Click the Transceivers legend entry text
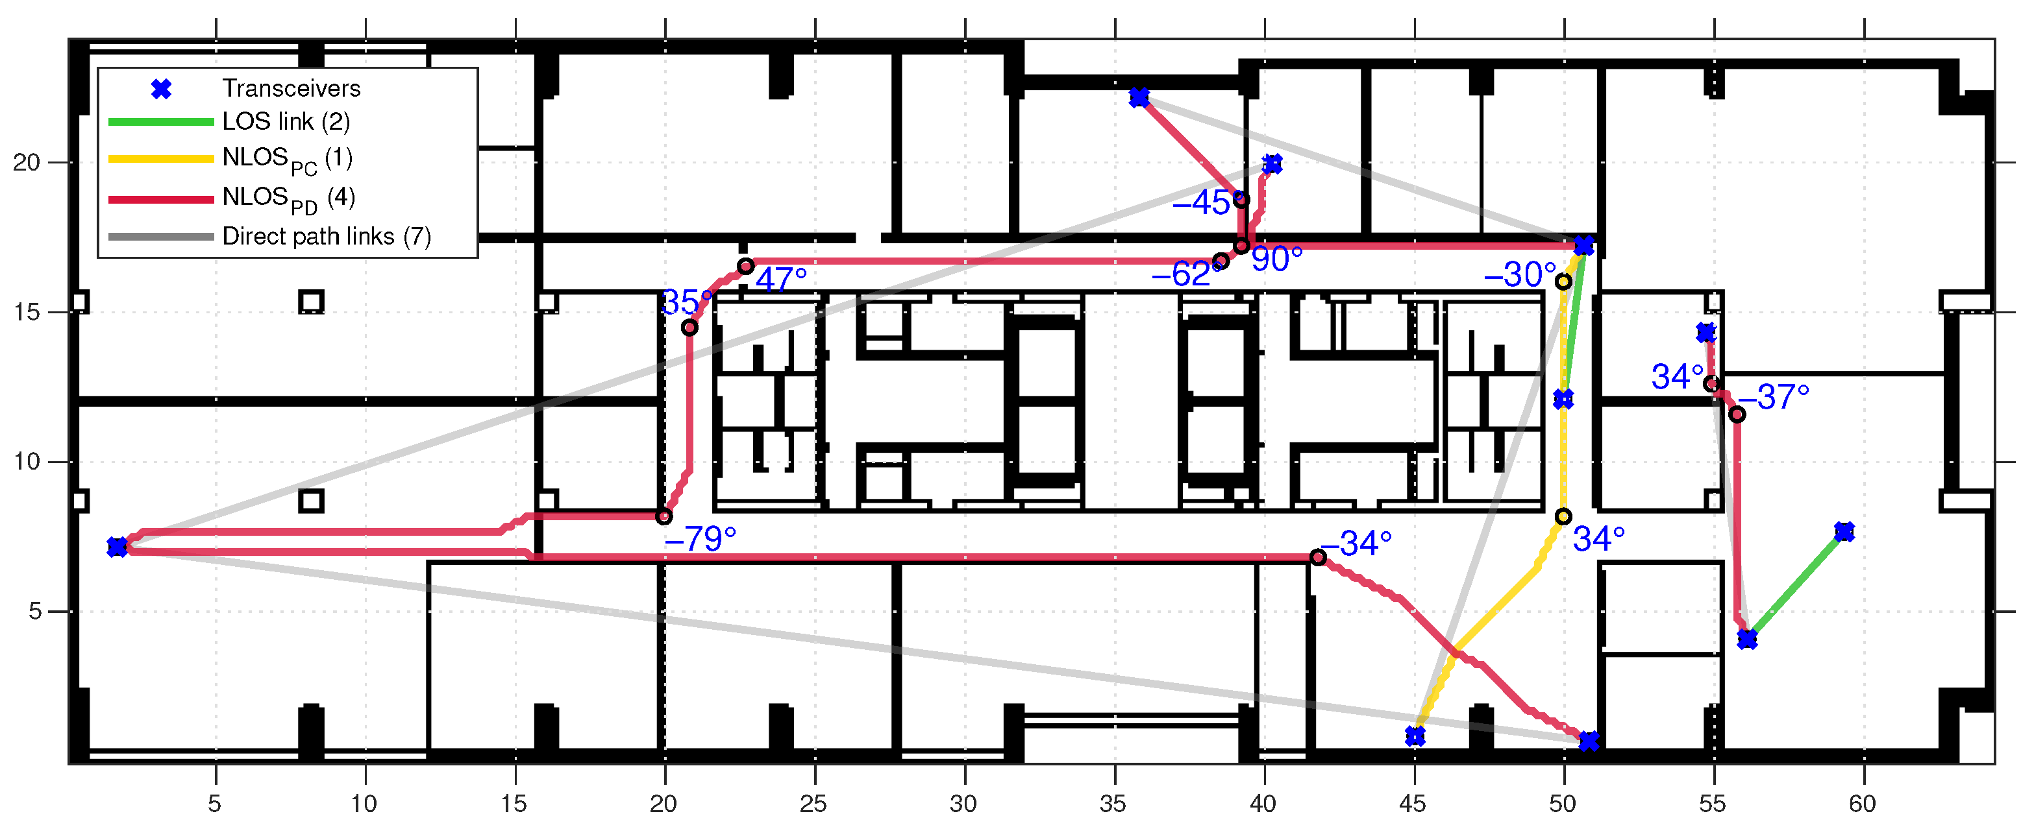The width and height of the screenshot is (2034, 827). (291, 88)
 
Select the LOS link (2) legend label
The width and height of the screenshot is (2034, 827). (286, 121)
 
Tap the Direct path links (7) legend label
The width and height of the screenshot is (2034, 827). (327, 236)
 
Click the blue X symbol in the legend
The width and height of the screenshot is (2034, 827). (161, 89)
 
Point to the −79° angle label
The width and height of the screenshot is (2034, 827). (701, 539)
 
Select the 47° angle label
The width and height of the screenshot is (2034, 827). (781, 278)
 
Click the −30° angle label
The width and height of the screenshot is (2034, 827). (1520, 274)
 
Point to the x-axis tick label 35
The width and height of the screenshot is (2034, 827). (1113, 804)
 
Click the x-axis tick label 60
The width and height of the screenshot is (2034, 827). (1863, 804)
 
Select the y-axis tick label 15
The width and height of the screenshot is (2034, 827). (26, 313)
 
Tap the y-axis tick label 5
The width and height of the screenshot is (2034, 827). (35, 612)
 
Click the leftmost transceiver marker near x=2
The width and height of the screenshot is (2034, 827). (117, 547)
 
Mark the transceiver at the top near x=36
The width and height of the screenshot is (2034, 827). (1139, 98)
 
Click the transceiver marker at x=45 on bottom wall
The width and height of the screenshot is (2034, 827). (1415, 736)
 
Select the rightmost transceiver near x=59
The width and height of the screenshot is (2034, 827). (1844, 532)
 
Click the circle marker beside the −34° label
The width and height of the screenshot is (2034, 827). (1318, 557)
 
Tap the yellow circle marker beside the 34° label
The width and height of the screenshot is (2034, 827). (1563, 517)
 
